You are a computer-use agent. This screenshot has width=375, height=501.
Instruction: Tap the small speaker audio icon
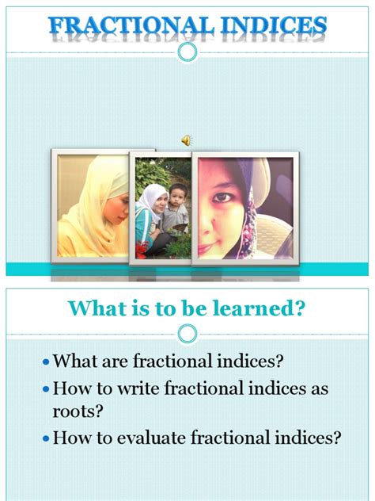pyautogui.click(x=187, y=140)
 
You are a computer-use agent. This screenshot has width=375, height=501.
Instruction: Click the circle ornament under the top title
pyautogui.click(x=187, y=52)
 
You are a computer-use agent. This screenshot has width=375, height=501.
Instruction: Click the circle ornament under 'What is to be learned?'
pyautogui.click(x=187, y=334)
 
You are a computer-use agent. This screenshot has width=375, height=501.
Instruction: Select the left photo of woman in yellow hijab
pyautogui.click(x=93, y=205)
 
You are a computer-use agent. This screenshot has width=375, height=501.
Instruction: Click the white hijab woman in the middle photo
pyautogui.click(x=152, y=208)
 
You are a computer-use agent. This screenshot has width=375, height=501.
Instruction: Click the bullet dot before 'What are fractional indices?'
pyautogui.click(x=46, y=363)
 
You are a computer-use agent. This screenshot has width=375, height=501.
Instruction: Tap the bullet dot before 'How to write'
pyautogui.click(x=46, y=390)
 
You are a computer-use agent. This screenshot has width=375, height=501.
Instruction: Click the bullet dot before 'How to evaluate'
pyautogui.click(x=46, y=438)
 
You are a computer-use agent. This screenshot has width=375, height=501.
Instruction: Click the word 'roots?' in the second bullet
pyautogui.click(x=76, y=412)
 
